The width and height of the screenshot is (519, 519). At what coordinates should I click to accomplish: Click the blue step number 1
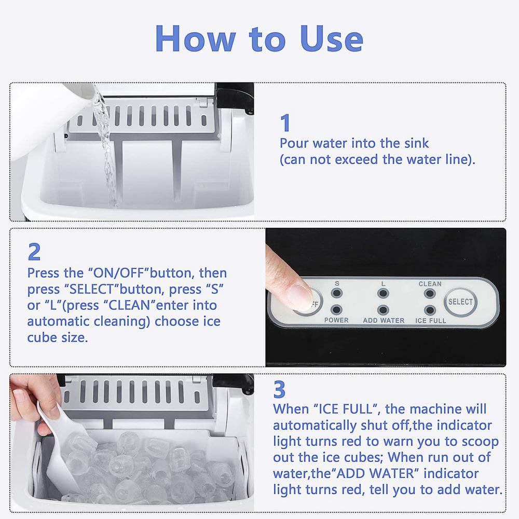point(285,124)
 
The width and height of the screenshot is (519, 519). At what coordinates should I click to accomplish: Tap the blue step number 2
point(34,252)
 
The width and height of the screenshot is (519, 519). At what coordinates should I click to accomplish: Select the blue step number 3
point(280,389)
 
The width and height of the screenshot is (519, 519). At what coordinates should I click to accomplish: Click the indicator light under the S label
point(337,294)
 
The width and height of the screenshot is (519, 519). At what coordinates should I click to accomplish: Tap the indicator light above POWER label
point(337,310)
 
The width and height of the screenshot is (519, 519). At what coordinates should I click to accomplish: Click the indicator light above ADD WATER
point(383,310)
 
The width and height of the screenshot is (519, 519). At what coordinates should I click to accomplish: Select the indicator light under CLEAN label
point(429,294)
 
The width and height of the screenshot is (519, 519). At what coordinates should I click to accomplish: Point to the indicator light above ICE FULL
point(429,310)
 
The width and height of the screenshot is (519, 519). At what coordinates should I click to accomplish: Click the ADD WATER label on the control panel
point(384,321)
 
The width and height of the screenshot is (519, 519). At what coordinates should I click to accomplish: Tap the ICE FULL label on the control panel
point(430,321)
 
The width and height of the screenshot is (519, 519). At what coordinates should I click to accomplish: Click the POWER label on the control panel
point(336,321)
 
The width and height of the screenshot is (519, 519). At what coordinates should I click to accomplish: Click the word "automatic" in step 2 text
point(58,322)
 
